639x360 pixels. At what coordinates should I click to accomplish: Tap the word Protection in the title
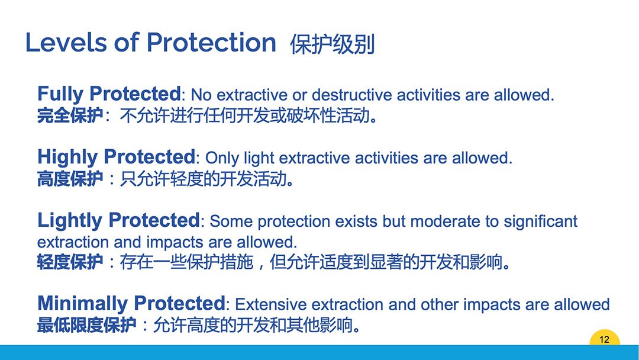(211, 43)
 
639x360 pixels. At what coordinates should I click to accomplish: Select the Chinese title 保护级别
(332, 44)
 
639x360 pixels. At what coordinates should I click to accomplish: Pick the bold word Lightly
(70, 221)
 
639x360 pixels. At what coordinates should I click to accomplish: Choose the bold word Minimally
(82, 304)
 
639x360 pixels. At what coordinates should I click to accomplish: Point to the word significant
(540, 222)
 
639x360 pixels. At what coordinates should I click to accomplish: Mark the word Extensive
(270, 304)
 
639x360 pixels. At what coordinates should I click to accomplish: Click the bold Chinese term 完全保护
(70, 116)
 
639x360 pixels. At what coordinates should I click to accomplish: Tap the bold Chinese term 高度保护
(70, 179)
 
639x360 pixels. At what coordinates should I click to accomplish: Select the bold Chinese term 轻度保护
(70, 262)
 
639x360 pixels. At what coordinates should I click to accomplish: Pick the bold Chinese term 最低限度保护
(87, 325)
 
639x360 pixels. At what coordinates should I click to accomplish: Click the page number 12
(604, 339)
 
